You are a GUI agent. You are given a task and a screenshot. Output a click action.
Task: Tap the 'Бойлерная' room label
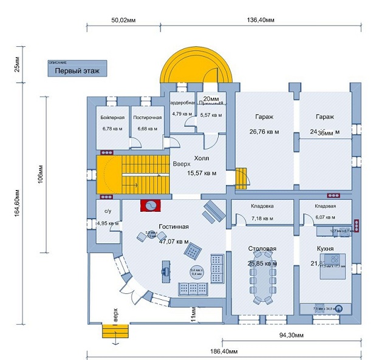[x=112, y=117]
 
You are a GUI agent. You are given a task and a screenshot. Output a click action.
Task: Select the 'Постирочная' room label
[x=148, y=117]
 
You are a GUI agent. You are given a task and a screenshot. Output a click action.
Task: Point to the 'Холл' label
[x=201, y=158]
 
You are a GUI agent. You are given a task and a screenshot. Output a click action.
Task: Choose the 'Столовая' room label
[x=262, y=249]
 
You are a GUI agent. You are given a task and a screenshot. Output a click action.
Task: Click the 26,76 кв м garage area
[x=264, y=131]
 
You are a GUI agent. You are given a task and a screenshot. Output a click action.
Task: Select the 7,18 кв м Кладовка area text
[x=262, y=218]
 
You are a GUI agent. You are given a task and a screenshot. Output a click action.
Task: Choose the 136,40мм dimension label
[x=262, y=20]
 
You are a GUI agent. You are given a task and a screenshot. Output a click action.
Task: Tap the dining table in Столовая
[x=263, y=284]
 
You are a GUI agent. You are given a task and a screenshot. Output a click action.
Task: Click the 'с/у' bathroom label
[x=108, y=211]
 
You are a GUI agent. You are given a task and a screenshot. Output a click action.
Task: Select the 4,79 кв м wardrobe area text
[x=181, y=114]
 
